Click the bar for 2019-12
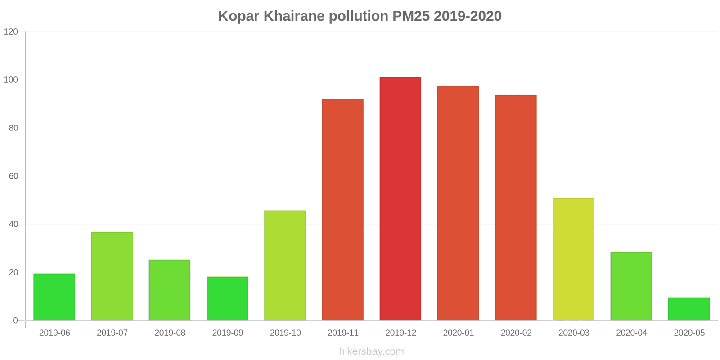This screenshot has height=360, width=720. pos(400,199)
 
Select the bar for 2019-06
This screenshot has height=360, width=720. pos(54,297)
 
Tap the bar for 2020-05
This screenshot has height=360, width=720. pos(689,309)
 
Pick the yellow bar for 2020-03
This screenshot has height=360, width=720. pos(573,259)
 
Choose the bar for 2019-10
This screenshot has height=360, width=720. pos(285,265)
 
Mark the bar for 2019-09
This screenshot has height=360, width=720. pos(227,299)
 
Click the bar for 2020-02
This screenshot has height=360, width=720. pos(516,207)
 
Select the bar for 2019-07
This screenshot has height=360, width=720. pos(112,276)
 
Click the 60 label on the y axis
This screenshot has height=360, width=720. pos(13,176)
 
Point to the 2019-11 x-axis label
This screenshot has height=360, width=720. pos(343,333)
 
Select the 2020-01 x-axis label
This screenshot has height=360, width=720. pos(459,333)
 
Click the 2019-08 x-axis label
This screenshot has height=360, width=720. pos(170,333)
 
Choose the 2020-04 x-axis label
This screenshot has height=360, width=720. pos(632,333)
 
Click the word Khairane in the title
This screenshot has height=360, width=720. pos(294,16)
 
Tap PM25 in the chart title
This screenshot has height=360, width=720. pos(411,16)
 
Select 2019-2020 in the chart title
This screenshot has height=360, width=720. pos(468,16)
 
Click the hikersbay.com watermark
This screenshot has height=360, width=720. pos(372,351)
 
